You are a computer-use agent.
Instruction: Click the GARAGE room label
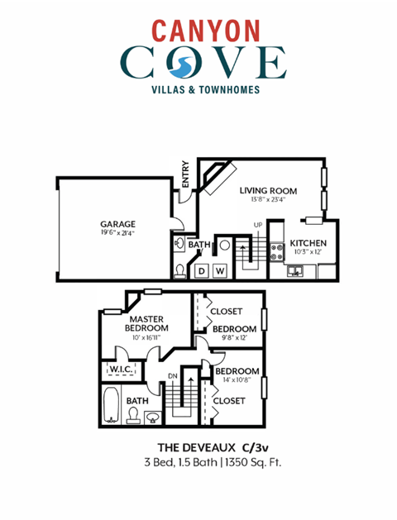click(x=117, y=224)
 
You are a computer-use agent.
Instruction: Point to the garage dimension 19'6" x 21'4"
click(x=117, y=233)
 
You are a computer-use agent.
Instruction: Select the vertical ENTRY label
click(x=185, y=173)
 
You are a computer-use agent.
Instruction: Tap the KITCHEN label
click(x=308, y=243)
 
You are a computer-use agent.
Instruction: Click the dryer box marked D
click(x=201, y=271)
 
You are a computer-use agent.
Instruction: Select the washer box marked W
click(x=220, y=271)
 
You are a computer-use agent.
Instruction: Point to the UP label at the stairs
click(x=257, y=225)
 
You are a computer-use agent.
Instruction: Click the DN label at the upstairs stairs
click(x=174, y=376)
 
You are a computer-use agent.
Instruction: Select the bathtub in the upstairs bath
click(x=112, y=406)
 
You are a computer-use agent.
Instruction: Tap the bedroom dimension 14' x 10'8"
click(x=238, y=381)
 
